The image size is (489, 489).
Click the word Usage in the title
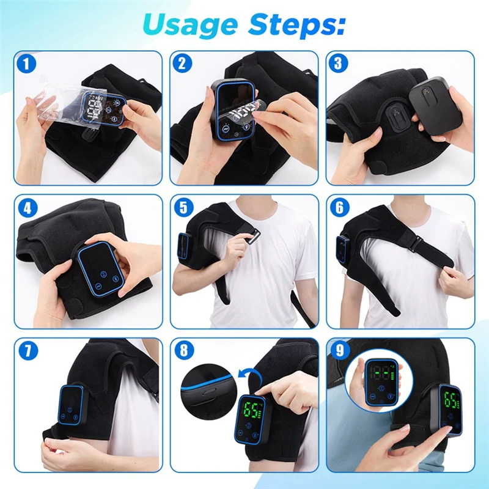[x=191, y=24]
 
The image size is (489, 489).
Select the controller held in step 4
[x=101, y=269]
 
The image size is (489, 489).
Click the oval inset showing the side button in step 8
[x=207, y=391]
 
